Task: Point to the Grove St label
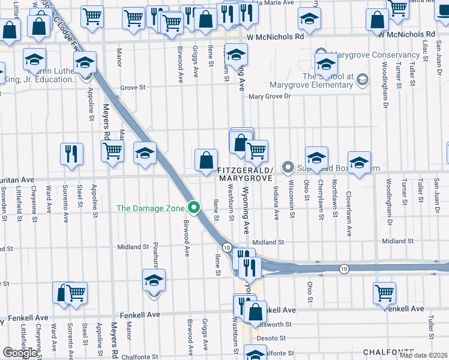133,88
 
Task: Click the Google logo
20,353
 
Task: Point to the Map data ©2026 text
424,355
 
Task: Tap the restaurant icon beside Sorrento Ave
71,154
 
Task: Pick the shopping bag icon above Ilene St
206,160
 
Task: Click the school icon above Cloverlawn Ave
359,163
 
